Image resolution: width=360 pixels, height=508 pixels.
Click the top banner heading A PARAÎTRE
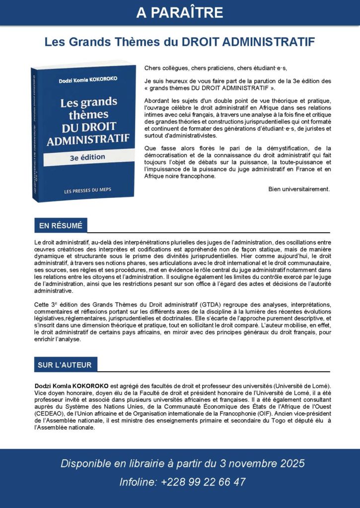click(180, 12)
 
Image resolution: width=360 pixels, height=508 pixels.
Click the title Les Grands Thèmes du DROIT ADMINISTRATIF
click(180, 42)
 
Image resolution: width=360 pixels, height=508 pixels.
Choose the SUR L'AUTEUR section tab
click(65, 365)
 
